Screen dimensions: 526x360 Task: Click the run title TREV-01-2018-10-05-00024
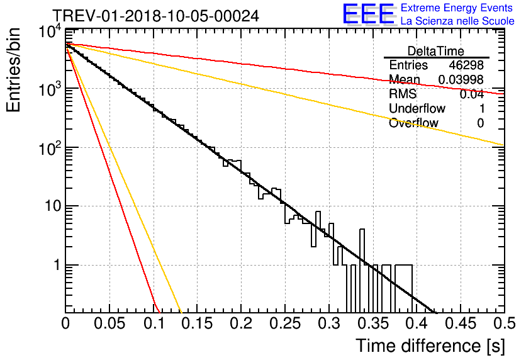[x=156, y=16]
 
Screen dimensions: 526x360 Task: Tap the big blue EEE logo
[x=369, y=14]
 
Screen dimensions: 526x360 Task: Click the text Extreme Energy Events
[x=457, y=8]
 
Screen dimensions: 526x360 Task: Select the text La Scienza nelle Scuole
[x=457, y=21]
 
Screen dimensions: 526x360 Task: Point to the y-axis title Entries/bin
[x=14, y=70]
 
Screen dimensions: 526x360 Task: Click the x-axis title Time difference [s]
[x=430, y=346]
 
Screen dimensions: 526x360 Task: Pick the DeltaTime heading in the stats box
[x=436, y=51]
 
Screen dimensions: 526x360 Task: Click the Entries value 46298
[x=466, y=65]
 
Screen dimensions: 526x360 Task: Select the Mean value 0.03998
[x=461, y=79]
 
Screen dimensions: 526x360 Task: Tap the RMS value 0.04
[x=472, y=94]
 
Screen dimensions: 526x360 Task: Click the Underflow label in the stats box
[x=417, y=108]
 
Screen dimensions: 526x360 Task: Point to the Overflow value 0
[x=480, y=123]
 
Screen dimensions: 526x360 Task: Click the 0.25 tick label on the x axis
[x=285, y=323]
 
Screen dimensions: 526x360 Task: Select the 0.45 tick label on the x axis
[x=461, y=323]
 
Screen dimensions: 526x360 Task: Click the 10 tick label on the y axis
[x=53, y=206]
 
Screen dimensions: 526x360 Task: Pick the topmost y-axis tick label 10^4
[x=50, y=32]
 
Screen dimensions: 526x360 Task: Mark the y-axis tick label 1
[x=57, y=265]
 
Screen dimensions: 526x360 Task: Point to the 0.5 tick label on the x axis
[x=505, y=323]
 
